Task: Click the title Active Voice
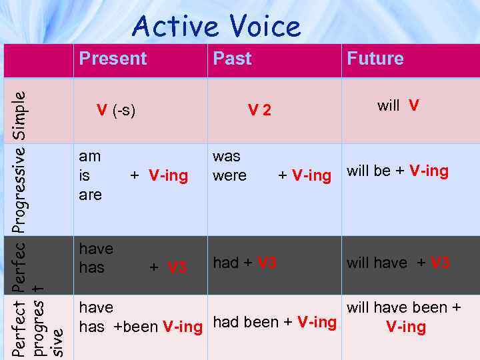tap(217, 27)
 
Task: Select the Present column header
tap(113, 59)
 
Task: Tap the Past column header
tap(232, 59)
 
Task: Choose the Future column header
tap(375, 59)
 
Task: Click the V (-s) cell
tap(116, 110)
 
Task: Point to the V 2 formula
tap(259, 111)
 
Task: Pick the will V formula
tap(398, 105)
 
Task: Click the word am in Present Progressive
tap(90, 157)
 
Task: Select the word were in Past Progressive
tap(229, 176)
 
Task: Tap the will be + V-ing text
tap(397, 171)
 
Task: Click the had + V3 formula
tap(245, 263)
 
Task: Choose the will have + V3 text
tap(398, 263)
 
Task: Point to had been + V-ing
tap(275, 323)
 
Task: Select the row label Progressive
tap(21, 189)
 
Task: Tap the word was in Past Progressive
tap(227, 157)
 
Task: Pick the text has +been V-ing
tap(141, 327)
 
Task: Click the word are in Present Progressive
tap(91, 195)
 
